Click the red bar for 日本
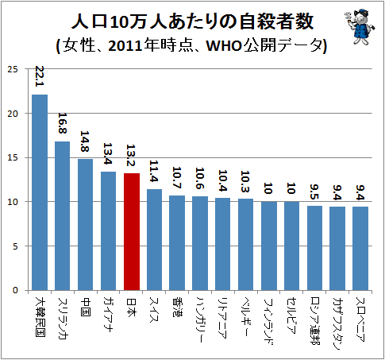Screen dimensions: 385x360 tap(132, 232)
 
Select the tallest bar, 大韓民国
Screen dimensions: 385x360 tap(40, 192)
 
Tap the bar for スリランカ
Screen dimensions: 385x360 tap(63, 216)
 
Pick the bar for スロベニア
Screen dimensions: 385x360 tap(360, 249)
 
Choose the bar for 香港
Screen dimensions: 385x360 tap(177, 243)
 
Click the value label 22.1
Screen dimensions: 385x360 tap(40, 76)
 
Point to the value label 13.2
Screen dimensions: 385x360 tap(131, 155)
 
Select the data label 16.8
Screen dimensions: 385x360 tap(63, 123)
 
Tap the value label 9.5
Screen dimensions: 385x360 tap(315, 192)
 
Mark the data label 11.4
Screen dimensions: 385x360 tap(154, 171)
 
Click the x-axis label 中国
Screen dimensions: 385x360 tap(86, 307)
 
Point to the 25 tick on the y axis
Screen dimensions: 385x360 tap(13, 69)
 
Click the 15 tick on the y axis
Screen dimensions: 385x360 tap(13, 158)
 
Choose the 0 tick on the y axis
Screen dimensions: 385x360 tap(15, 290)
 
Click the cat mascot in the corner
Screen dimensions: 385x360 tap(360, 26)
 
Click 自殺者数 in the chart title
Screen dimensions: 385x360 tap(275, 22)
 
